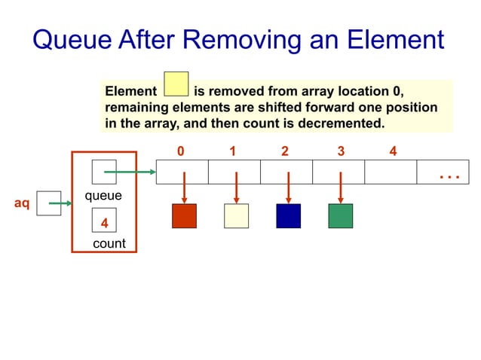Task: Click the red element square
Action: (184, 216)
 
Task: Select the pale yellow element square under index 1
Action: (236, 216)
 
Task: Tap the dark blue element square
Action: (288, 216)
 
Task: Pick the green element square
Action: (340, 216)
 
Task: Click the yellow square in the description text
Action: (176, 84)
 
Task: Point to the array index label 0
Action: (180, 151)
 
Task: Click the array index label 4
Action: (393, 151)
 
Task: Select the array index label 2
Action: (284, 151)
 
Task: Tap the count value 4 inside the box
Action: (104, 223)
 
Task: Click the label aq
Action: (23, 204)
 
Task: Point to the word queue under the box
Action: (103, 195)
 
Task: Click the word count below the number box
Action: (109, 244)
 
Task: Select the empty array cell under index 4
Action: (390, 172)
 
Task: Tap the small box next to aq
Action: (48, 203)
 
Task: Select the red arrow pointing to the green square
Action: (341, 187)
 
